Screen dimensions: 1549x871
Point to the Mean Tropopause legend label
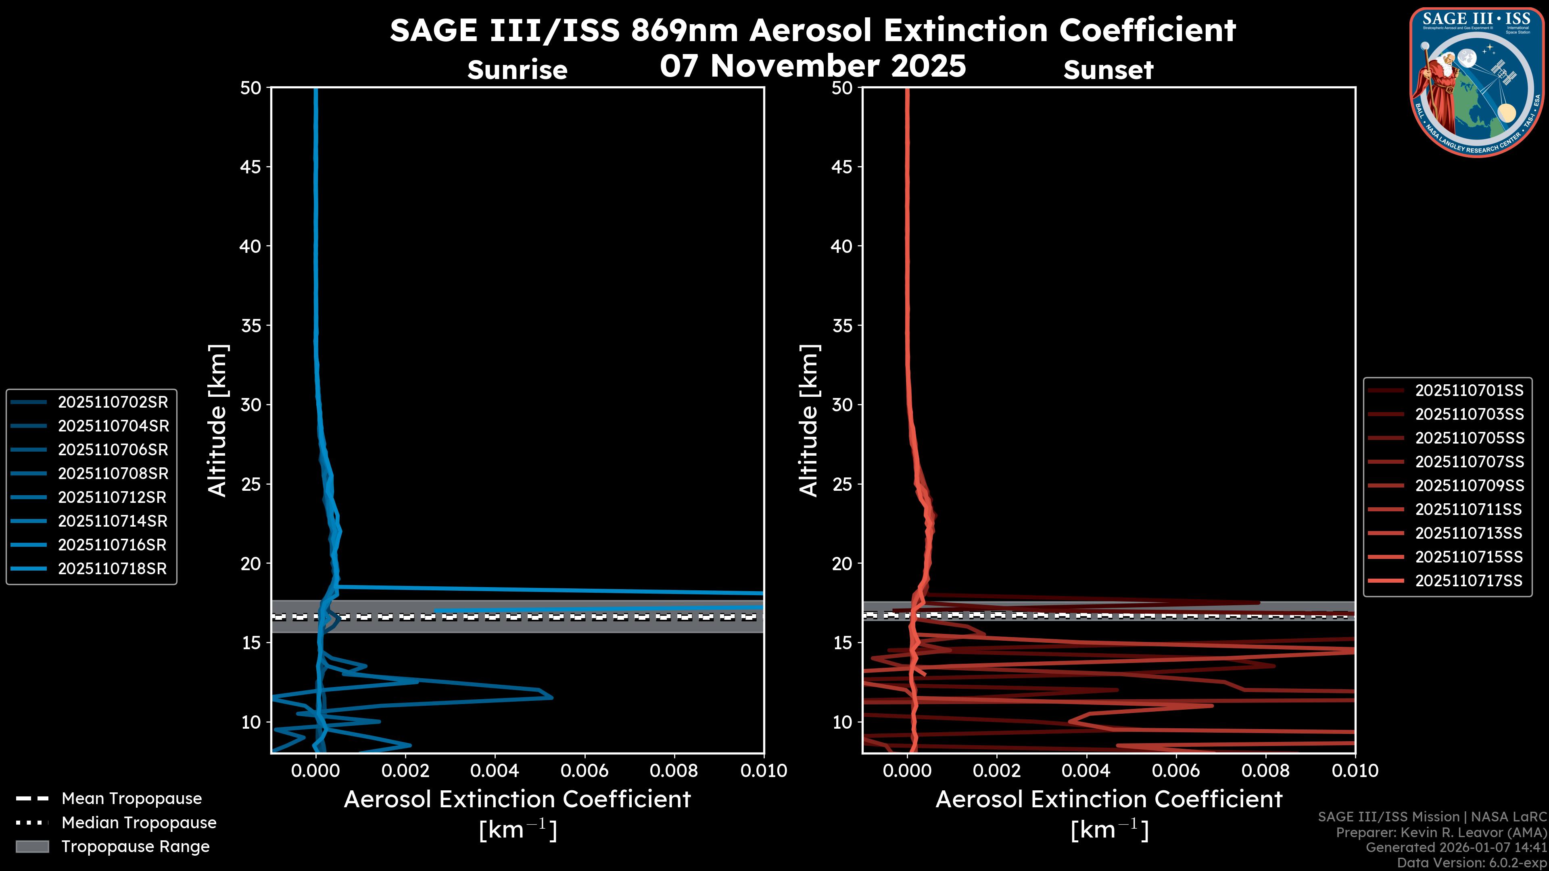click(x=132, y=799)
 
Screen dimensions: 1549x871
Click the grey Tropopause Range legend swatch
click(x=32, y=846)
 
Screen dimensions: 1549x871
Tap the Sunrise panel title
click(x=517, y=70)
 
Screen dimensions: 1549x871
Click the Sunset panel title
click(x=1108, y=70)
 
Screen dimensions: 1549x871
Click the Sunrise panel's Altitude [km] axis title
click(x=218, y=420)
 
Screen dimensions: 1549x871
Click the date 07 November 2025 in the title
click(x=812, y=66)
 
